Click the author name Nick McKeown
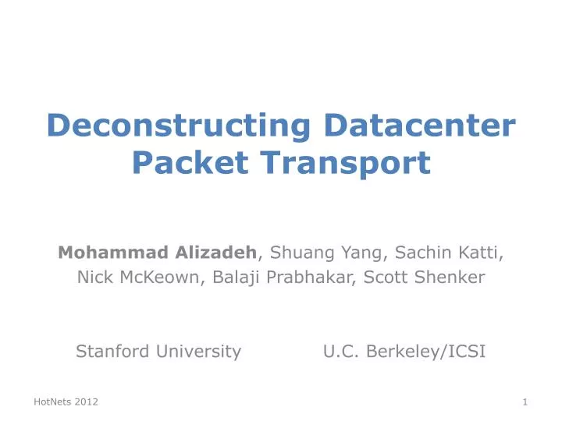click(x=138, y=277)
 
